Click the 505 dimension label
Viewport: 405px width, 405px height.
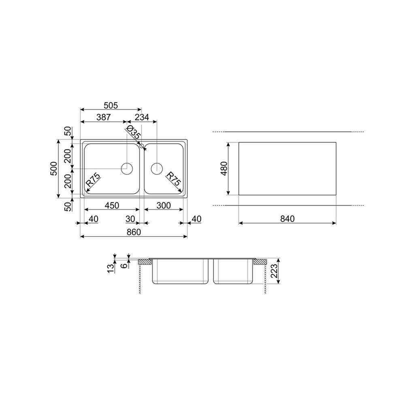coord(111,105)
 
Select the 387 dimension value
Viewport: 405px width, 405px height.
coord(104,117)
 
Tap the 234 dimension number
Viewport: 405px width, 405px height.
coord(142,117)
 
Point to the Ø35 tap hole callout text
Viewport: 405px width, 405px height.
coord(134,132)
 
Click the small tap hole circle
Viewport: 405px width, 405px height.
coord(141,146)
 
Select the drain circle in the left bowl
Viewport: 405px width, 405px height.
coord(127,168)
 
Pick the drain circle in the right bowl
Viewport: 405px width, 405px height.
coord(156,168)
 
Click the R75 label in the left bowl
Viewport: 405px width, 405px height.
coord(93,180)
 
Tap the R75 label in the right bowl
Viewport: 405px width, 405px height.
coord(173,179)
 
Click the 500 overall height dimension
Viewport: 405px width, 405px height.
coord(53,168)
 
